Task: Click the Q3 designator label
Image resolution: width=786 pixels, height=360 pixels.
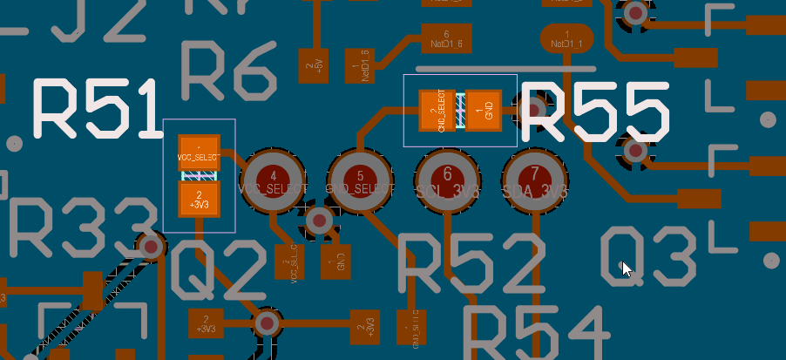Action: coord(649,255)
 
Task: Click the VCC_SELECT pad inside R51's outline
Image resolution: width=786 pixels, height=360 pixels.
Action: coord(199,153)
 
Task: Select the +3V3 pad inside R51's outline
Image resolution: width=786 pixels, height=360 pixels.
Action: coord(199,200)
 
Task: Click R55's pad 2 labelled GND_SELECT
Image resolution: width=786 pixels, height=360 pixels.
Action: coord(437,111)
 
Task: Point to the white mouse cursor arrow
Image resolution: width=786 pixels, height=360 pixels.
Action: coord(627,268)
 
